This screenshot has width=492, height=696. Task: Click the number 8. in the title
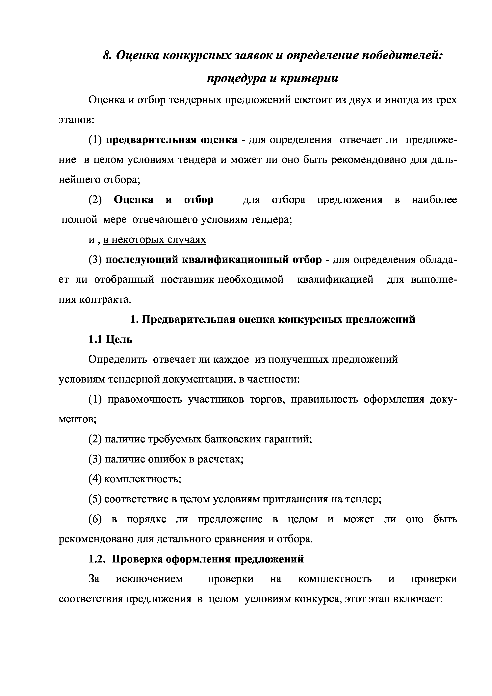pyautogui.click(x=108, y=56)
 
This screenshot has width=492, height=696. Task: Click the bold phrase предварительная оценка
pyautogui.click(x=172, y=140)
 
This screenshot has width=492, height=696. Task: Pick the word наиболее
pyautogui.click(x=434, y=200)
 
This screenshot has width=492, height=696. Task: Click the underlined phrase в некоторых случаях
pyautogui.click(x=155, y=240)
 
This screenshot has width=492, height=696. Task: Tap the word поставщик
pyautogui.click(x=187, y=280)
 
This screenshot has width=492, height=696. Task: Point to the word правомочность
pyautogui.click(x=145, y=400)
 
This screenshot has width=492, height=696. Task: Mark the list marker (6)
pyautogui.click(x=95, y=519)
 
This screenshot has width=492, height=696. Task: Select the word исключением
pyautogui.click(x=149, y=579)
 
